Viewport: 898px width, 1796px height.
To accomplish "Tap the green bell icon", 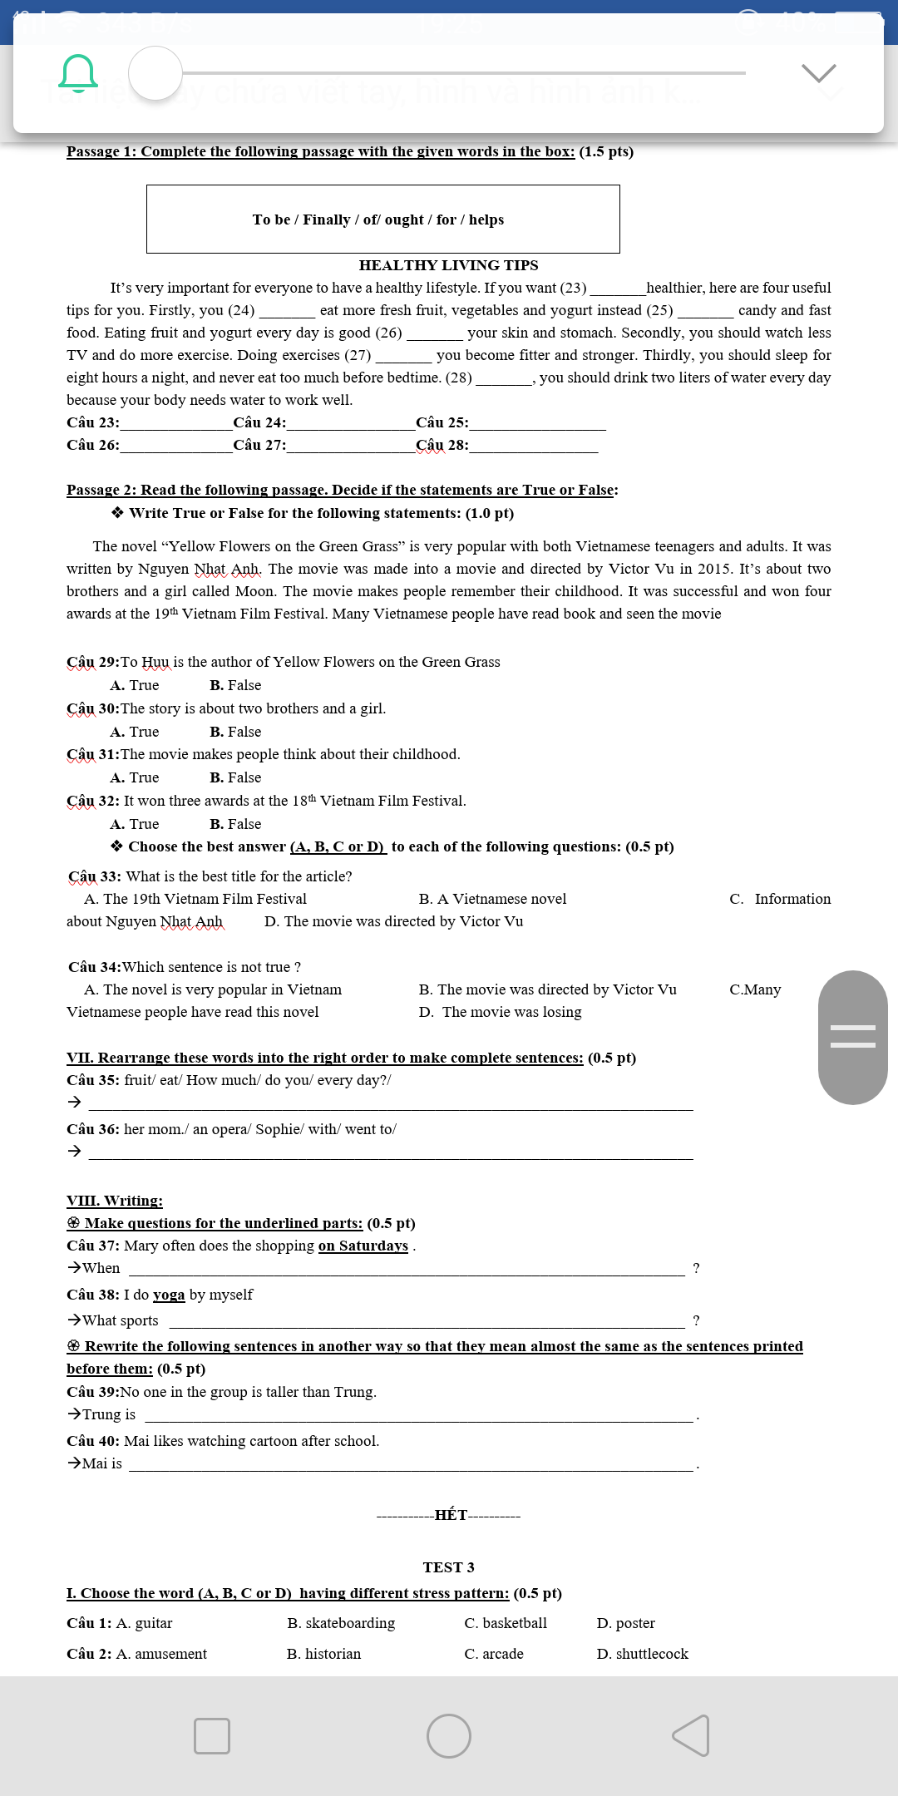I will tap(78, 73).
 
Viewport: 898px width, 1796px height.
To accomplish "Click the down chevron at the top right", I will tap(819, 73).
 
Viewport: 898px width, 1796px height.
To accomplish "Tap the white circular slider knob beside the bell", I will tap(155, 73).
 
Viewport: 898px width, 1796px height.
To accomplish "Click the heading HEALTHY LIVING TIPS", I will tap(448, 265).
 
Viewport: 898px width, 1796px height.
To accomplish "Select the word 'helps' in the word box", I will tap(486, 220).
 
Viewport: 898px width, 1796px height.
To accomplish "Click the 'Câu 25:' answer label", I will tap(442, 422).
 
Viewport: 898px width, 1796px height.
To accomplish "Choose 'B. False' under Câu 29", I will tap(235, 685).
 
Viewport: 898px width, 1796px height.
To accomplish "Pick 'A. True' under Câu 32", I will tap(135, 824).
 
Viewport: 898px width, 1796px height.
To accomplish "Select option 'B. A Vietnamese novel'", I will tap(492, 899).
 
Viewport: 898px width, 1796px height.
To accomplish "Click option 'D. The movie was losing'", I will tap(501, 1012).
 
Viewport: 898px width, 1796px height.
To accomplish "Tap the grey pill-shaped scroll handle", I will tap(852, 1037).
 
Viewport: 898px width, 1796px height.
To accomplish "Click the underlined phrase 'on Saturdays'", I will tap(363, 1246).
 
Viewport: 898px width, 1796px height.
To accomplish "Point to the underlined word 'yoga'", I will tap(169, 1295).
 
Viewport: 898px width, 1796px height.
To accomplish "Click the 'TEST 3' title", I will tap(448, 1567).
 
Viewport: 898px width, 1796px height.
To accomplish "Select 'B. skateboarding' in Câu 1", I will tap(341, 1623).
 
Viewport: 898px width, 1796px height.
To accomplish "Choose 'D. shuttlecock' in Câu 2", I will tap(642, 1654).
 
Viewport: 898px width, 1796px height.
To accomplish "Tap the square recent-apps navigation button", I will tap(212, 1736).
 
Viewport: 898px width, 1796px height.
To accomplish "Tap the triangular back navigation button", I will tap(691, 1736).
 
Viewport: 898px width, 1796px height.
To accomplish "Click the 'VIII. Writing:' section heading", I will tap(115, 1201).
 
